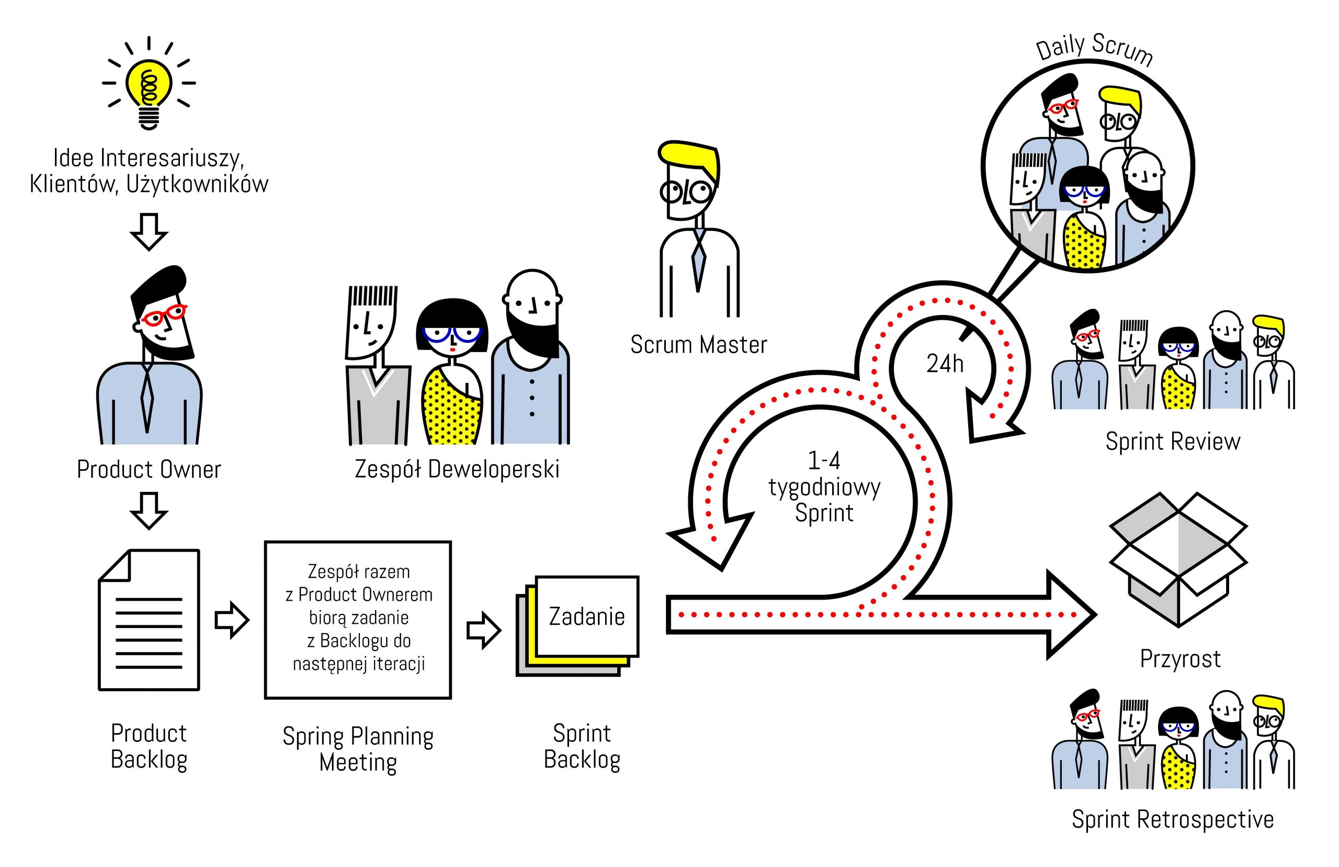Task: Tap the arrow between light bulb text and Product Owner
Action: click(x=149, y=231)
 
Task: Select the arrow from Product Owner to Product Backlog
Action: click(x=149, y=510)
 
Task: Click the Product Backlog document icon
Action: click(x=149, y=620)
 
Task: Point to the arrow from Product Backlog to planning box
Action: click(x=232, y=621)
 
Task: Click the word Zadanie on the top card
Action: click(x=586, y=616)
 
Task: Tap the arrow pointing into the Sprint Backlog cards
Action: click(x=483, y=630)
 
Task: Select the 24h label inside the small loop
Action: click(x=945, y=364)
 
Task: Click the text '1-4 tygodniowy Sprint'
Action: click(x=824, y=487)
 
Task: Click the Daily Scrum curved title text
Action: click(x=1094, y=48)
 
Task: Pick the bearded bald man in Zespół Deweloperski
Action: click(x=531, y=361)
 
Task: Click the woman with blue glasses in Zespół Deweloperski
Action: click(x=452, y=371)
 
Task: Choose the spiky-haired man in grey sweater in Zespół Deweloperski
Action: click(x=374, y=366)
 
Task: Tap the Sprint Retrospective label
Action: click(x=1173, y=819)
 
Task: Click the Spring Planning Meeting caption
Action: click(x=358, y=749)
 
